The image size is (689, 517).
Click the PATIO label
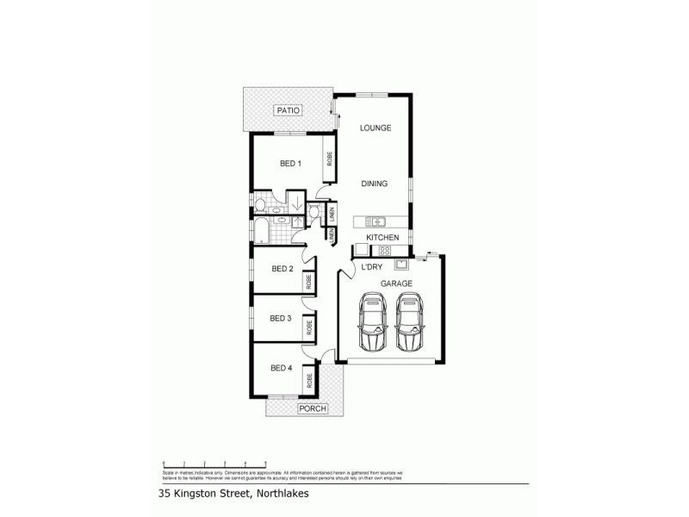coord(286,111)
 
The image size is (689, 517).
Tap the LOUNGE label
coord(376,128)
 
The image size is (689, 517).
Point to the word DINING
coord(375,184)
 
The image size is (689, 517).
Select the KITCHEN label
coord(382,237)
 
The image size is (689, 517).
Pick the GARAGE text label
coord(397,283)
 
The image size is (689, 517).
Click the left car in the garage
coord(372,322)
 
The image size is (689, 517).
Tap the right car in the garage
coord(409,322)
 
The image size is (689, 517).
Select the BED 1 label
coord(290,164)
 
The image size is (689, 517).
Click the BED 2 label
coord(282,269)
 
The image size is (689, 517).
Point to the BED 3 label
coord(281,319)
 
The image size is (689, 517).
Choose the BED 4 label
coord(282,368)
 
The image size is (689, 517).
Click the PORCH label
coord(312,408)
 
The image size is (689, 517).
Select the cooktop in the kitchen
coord(386,251)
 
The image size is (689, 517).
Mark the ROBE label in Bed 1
coord(329,159)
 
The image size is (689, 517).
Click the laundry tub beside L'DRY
coord(400,262)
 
